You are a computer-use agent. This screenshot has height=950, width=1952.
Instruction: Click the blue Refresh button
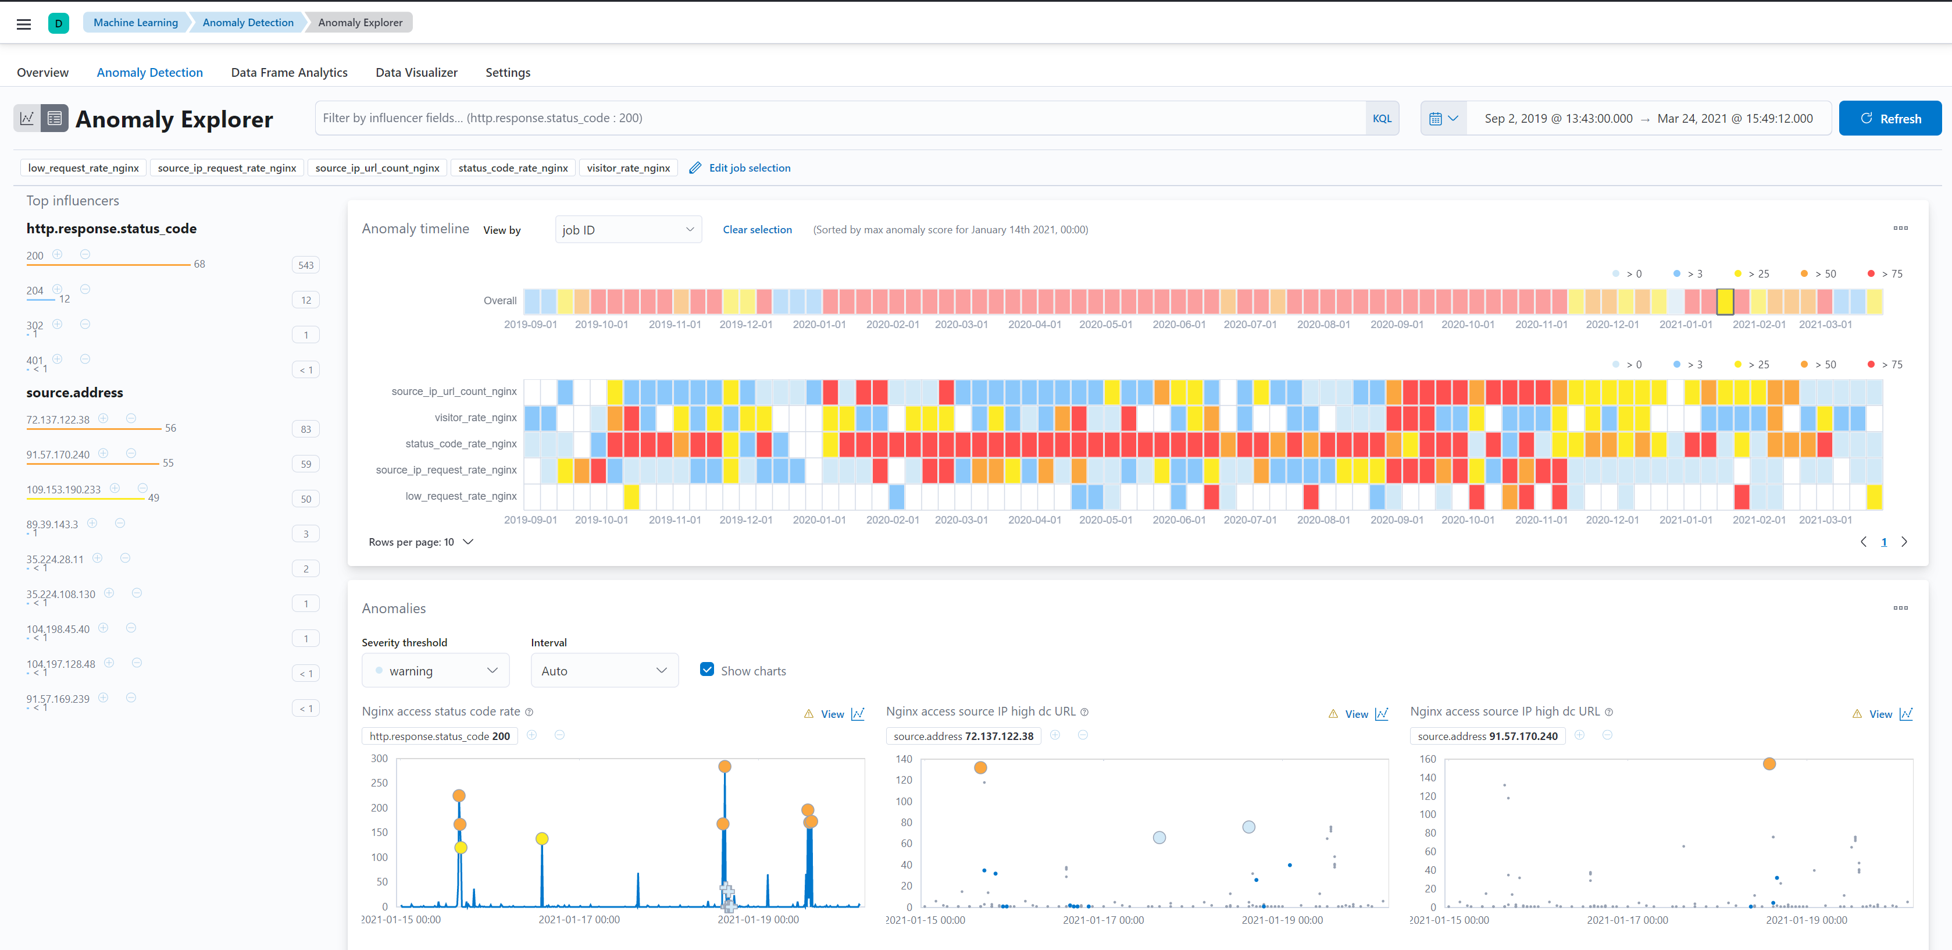1890,118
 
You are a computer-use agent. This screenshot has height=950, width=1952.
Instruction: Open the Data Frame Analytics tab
289,73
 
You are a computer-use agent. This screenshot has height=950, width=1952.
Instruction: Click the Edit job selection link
750,168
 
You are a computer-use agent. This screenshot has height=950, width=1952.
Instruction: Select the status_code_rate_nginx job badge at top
513,168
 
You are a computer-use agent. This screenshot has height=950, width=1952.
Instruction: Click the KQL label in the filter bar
1382,118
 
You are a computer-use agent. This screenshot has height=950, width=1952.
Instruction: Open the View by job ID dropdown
628,230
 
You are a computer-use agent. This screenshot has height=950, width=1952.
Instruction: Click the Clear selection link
757,230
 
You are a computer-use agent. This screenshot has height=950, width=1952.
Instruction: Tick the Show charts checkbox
707,670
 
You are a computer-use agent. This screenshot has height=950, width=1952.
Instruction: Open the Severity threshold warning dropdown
436,671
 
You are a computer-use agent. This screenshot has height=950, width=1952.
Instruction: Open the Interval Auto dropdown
604,671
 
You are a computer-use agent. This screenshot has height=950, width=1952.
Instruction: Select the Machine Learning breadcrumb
135,23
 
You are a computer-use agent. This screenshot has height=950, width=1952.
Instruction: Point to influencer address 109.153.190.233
63,490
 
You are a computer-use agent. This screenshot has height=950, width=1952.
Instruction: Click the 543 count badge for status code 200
306,265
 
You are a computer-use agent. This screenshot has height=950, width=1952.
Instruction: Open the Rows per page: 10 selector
422,542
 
